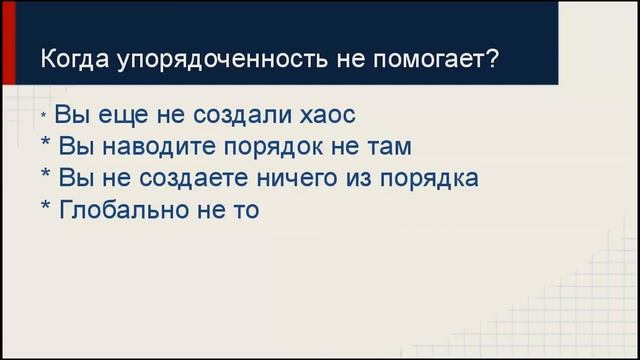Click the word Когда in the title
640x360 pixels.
point(73,59)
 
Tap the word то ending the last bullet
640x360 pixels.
point(245,210)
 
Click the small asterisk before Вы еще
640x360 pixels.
point(45,117)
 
